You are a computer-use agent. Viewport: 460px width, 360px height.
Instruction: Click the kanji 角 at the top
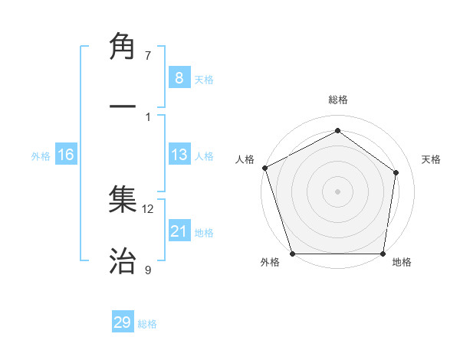(x=123, y=47)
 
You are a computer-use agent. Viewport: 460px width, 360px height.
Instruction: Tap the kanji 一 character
(x=123, y=107)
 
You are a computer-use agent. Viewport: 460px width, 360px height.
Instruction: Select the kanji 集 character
(x=123, y=200)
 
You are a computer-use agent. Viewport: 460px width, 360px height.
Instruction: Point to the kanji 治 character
(x=123, y=261)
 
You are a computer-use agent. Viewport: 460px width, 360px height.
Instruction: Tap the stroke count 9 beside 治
(x=148, y=270)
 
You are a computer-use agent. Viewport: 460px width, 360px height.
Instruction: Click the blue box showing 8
(x=179, y=77)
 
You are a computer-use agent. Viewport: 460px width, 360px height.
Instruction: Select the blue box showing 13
(x=179, y=155)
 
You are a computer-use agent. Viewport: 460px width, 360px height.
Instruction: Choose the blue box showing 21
(x=179, y=231)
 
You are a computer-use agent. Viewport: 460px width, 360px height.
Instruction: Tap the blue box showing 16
(x=66, y=155)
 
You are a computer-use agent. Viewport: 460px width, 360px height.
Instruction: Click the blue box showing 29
(x=123, y=322)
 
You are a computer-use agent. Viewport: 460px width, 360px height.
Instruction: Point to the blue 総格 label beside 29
(x=148, y=324)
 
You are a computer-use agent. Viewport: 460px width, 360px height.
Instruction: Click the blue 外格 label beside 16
(x=41, y=156)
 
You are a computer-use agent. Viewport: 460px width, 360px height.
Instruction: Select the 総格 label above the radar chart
(x=338, y=100)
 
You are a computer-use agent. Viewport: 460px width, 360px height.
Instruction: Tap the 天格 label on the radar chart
(x=432, y=159)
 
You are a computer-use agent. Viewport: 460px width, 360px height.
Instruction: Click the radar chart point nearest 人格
(x=264, y=168)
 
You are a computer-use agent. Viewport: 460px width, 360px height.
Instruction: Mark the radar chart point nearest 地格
(x=383, y=254)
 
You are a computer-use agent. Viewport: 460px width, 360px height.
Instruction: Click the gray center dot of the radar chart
(x=337, y=191)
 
